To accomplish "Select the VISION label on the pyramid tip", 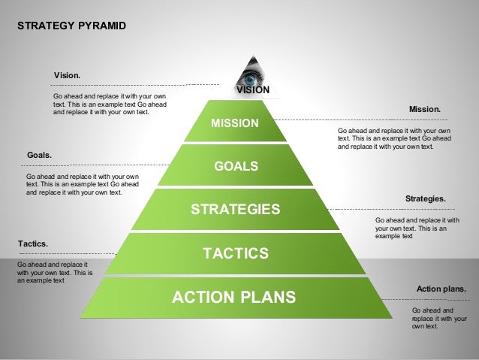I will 253,90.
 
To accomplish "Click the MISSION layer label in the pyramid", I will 234,123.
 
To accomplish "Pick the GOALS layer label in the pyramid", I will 236,166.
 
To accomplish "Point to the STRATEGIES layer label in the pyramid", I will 235,209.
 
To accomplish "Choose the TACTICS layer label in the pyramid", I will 236,253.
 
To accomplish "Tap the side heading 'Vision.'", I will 68,76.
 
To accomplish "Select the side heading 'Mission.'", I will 424,110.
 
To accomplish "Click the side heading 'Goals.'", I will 39,156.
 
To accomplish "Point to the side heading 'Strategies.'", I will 425,198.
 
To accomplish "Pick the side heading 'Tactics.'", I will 32,244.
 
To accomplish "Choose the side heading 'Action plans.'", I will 441,288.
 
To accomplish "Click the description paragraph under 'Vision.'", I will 110,104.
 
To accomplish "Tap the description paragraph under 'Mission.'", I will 394,139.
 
